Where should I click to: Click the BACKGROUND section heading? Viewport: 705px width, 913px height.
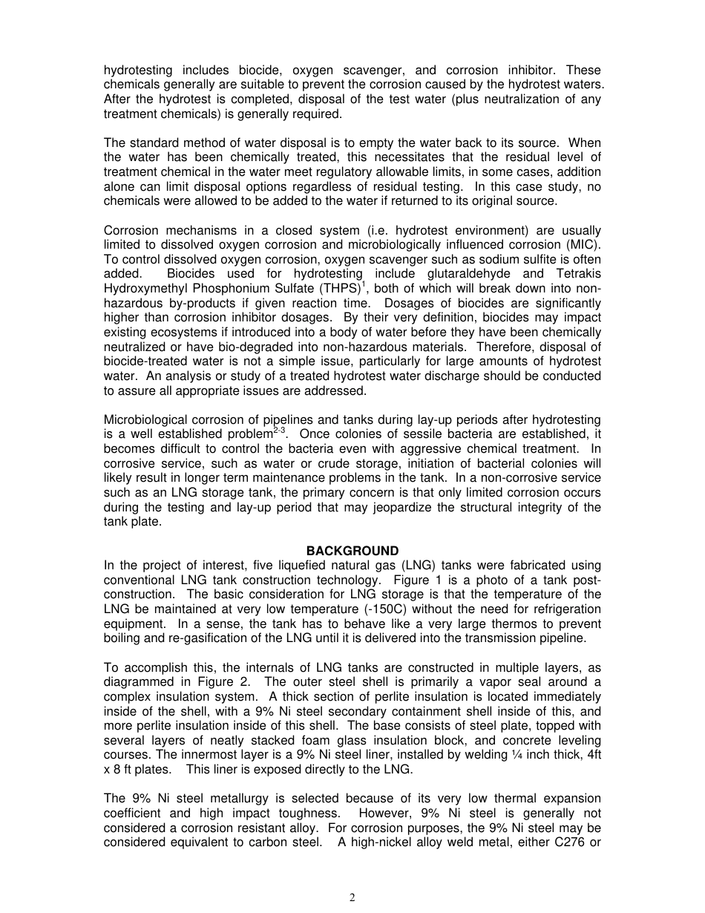tap(352, 551)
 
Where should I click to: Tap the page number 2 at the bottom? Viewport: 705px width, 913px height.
tap(352, 897)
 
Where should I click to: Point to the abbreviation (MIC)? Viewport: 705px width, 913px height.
tap(582, 245)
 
